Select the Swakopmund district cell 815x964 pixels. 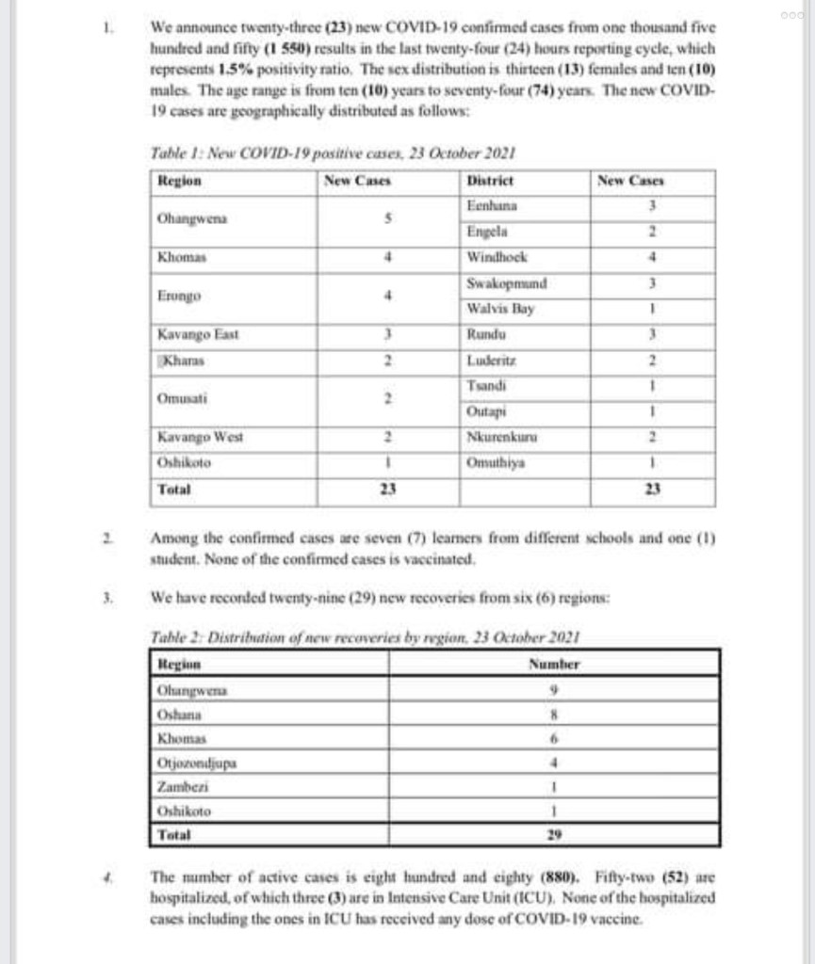coord(507,282)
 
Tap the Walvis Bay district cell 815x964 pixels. coord(500,308)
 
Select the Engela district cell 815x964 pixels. coord(487,231)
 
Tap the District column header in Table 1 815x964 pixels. coord(490,180)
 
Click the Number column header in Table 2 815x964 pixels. coord(554,664)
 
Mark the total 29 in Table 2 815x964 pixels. coord(554,835)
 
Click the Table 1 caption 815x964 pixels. coord(332,153)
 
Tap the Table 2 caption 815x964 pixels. coord(366,636)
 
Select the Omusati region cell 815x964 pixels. coord(177,398)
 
